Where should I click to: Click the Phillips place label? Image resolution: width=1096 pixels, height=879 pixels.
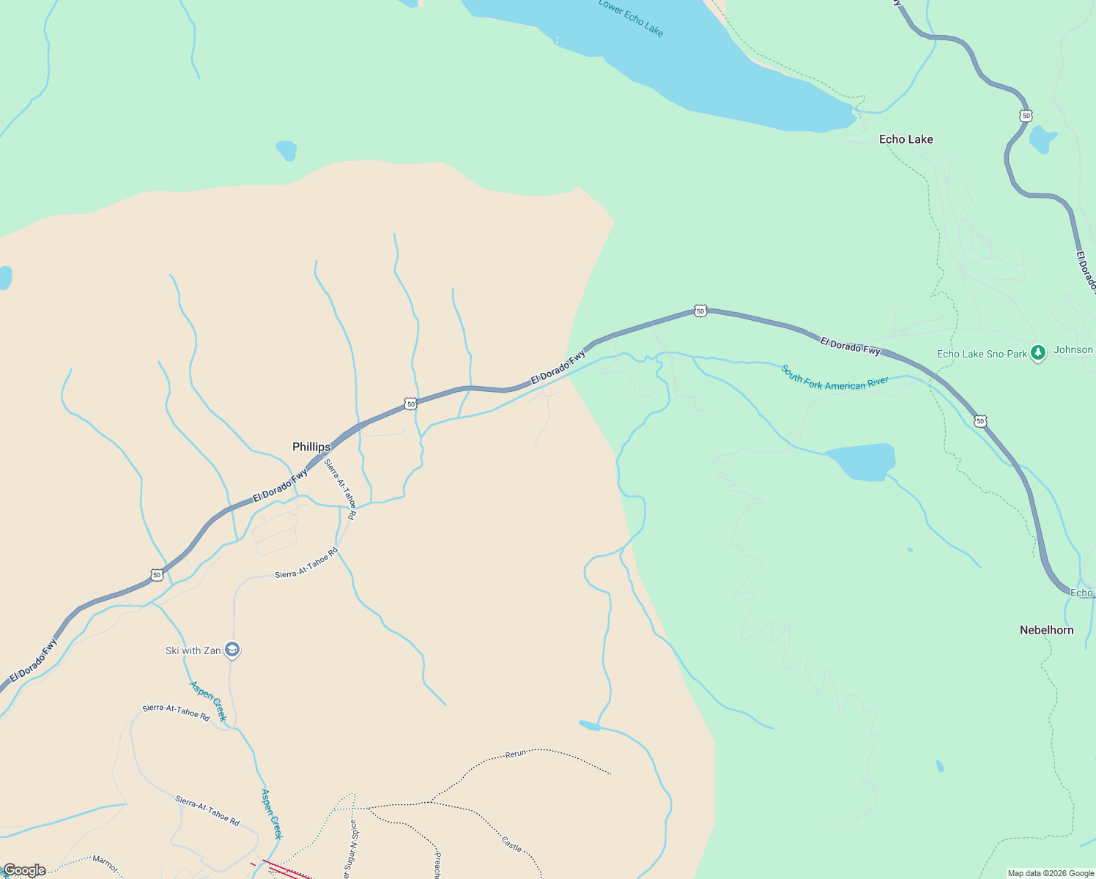pyautogui.click(x=311, y=447)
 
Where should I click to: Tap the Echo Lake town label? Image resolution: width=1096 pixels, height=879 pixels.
pyautogui.click(x=906, y=139)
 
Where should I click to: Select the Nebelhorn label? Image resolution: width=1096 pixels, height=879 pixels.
pyautogui.click(x=1046, y=630)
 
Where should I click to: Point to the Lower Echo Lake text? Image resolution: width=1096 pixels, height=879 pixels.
pyautogui.click(x=631, y=17)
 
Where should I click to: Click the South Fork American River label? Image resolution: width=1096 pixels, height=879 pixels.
pyautogui.click(x=834, y=379)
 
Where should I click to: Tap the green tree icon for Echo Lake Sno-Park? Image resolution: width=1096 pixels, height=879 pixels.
pyautogui.click(x=1037, y=354)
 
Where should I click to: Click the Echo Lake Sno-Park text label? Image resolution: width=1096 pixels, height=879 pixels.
pyautogui.click(x=982, y=355)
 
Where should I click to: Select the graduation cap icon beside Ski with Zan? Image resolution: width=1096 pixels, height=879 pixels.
pyautogui.click(x=232, y=650)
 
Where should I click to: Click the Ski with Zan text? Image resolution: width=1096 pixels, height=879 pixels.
pyautogui.click(x=193, y=650)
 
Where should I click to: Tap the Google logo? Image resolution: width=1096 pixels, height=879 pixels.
pyautogui.click(x=24, y=870)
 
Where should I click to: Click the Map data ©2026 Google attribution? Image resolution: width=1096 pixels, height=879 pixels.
pyautogui.click(x=1051, y=873)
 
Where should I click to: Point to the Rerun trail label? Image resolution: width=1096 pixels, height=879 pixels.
pyautogui.click(x=516, y=754)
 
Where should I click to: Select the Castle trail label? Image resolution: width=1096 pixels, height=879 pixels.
pyautogui.click(x=511, y=843)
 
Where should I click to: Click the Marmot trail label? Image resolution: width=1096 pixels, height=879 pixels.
pyautogui.click(x=105, y=863)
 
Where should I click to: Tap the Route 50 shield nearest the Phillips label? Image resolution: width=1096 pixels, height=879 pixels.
pyautogui.click(x=410, y=404)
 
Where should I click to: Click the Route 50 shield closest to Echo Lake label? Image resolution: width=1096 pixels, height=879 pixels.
pyautogui.click(x=1026, y=116)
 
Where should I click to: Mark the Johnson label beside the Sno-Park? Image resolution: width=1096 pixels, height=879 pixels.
pyautogui.click(x=1073, y=350)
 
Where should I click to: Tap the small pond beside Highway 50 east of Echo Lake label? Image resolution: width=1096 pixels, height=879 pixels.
pyautogui.click(x=1042, y=138)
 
